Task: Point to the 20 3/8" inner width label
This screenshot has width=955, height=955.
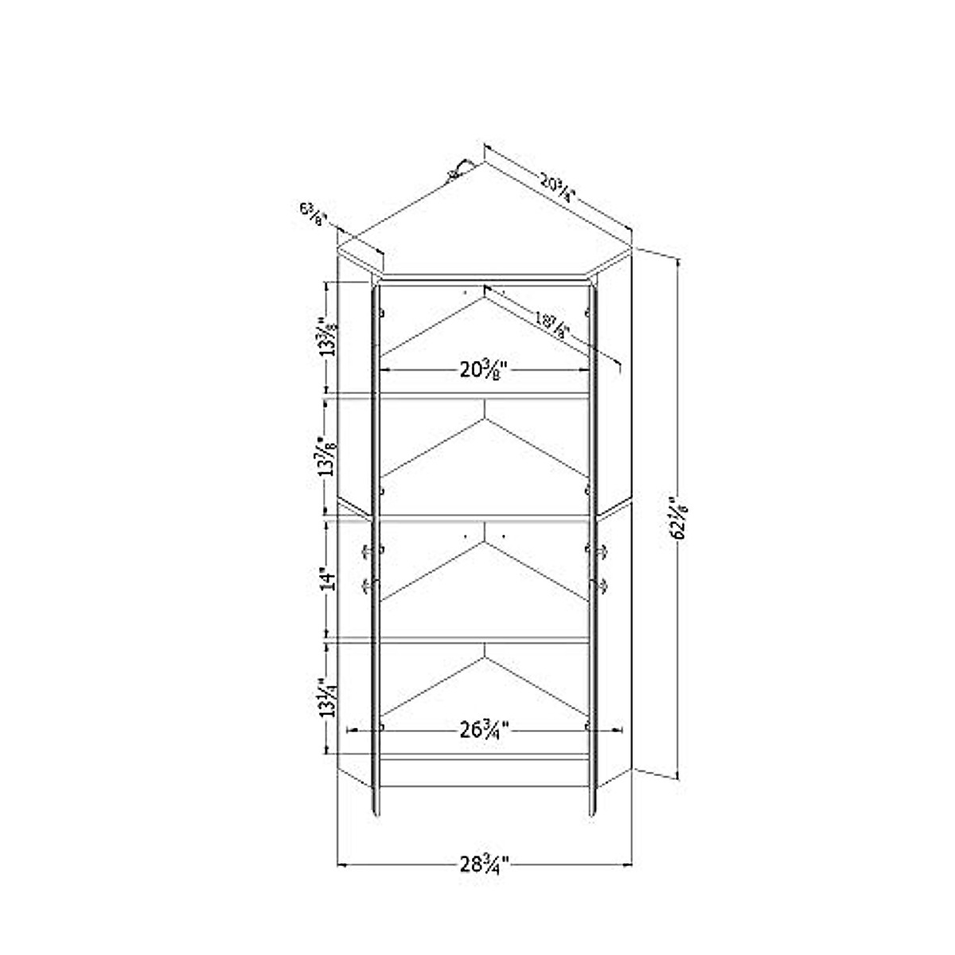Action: pyautogui.click(x=484, y=370)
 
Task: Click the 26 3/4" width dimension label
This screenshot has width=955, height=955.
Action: pyautogui.click(x=484, y=729)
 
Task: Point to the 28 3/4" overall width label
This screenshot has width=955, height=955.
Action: pyautogui.click(x=484, y=863)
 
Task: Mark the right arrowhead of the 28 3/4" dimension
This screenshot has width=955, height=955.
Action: pyautogui.click(x=628, y=863)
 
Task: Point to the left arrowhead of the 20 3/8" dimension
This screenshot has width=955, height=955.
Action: pyautogui.click(x=384, y=369)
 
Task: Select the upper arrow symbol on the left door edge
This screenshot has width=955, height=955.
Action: pyautogui.click(x=368, y=551)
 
